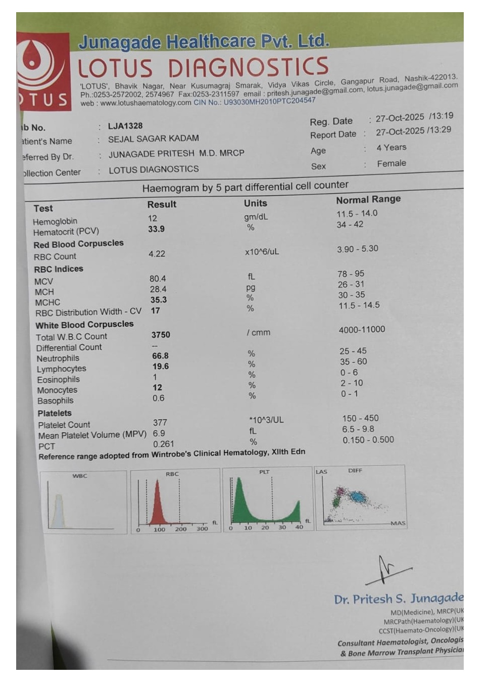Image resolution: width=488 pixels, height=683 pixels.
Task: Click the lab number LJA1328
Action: tap(125, 126)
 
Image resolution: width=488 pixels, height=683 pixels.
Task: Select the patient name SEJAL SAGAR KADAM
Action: tap(153, 139)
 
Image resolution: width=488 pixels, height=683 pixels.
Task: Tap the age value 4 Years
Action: tap(391, 148)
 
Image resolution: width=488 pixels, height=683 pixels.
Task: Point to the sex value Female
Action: tap(391, 163)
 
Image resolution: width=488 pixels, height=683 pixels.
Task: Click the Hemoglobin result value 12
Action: tap(153, 218)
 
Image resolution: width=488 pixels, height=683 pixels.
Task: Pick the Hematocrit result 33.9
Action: tap(156, 229)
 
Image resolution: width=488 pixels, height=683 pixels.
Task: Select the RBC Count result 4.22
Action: tap(157, 254)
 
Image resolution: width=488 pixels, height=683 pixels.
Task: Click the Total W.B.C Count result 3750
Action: tap(161, 335)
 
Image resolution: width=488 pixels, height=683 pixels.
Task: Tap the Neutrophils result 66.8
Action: tap(160, 356)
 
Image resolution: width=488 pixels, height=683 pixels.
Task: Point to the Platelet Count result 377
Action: tap(160, 422)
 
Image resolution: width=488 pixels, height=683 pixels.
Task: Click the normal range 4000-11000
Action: tap(362, 330)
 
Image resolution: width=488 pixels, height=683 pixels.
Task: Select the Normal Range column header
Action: tap(368, 200)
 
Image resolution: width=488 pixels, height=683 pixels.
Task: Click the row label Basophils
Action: tap(55, 401)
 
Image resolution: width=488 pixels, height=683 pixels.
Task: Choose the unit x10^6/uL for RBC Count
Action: tap(262, 252)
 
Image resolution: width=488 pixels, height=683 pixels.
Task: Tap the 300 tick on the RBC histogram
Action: tap(202, 529)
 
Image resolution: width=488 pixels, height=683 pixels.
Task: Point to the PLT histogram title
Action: tap(264, 472)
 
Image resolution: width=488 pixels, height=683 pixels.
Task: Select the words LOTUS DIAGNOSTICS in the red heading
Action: tap(203, 68)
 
